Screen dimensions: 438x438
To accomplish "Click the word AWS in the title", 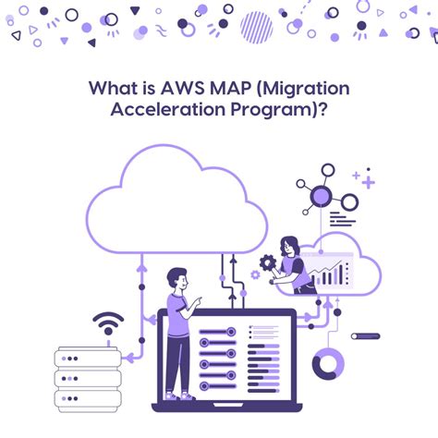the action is pos(183,88).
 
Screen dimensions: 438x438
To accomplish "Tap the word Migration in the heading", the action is pos(307,90).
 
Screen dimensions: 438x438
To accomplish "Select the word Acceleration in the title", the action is pos(168,110).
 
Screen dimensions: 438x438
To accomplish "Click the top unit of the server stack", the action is pos(88,358).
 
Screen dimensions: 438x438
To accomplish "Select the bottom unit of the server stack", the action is pos(88,399).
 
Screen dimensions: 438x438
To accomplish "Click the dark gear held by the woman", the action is pos(267,262).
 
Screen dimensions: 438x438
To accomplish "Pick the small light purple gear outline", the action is pos(255,274).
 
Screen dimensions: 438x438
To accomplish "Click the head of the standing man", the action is pos(177,278).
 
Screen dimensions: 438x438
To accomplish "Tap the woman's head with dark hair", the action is pos(289,246).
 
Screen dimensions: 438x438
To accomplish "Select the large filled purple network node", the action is pos(321,196).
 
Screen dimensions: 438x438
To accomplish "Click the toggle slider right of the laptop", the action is pos(366,336).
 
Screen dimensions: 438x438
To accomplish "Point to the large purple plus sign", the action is pos(369,182).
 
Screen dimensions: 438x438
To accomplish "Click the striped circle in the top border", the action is pos(256,27).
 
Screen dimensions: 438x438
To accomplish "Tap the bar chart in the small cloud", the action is pos(330,274).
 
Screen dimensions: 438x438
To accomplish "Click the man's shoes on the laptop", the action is pos(180,396).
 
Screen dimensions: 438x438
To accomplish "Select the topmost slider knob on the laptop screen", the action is pos(231,332).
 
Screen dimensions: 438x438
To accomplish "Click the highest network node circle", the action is pos(328,170).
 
